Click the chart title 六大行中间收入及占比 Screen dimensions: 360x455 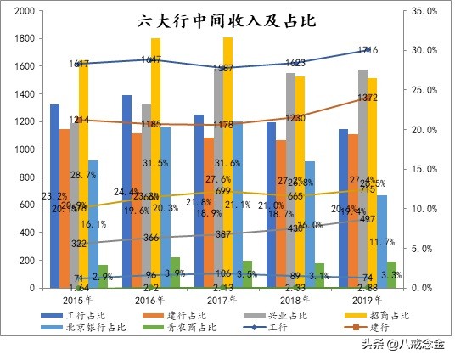click(x=226, y=22)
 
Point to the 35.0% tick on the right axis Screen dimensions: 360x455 click(x=424, y=11)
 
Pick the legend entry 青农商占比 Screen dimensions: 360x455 click(x=184, y=327)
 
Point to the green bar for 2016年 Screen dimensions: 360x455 click(x=175, y=273)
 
